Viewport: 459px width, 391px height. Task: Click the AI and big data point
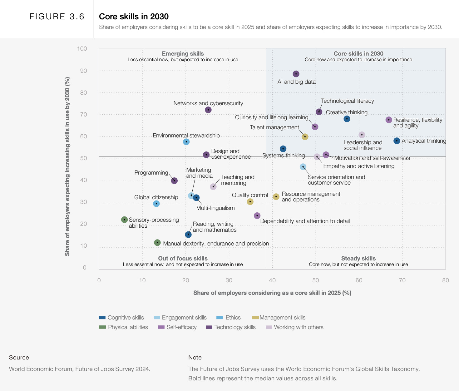click(x=296, y=74)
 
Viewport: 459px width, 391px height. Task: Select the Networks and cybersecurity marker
click(x=208, y=110)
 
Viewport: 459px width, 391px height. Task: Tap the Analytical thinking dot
click(x=397, y=141)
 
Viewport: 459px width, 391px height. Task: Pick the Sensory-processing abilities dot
click(x=124, y=220)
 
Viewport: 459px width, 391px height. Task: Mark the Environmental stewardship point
click(x=186, y=142)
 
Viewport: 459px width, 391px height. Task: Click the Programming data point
click(x=174, y=181)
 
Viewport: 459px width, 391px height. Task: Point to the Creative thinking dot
click(x=347, y=119)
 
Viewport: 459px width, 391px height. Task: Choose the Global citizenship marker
click(x=156, y=204)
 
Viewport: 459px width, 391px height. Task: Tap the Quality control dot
click(x=250, y=202)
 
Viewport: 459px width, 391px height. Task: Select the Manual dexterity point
click(x=157, y=243)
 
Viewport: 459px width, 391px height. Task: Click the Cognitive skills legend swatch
click(x=102, y=318)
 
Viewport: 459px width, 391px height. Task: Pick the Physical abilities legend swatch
click(x=102, y=327)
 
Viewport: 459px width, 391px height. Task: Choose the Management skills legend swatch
click(x=255, y=318)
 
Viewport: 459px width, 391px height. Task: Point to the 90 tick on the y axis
click(x=83, y=71)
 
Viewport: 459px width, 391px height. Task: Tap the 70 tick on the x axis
click(x=402, y=280)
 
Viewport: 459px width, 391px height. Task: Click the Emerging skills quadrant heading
click(x=183, y=54)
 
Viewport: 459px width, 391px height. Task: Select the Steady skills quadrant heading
click(x=358, y=259)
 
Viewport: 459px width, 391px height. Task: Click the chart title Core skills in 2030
click(x=134, y=17)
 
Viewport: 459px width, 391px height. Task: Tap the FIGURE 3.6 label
click(x=57, y=17)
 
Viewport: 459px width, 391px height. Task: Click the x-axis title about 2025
click(x=272, y=293)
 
